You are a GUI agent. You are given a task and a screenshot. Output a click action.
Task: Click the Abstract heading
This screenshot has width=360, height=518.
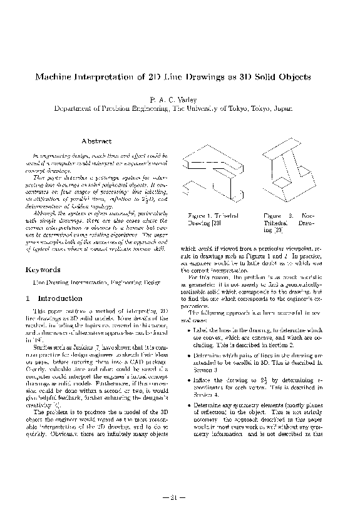[97, 141]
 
